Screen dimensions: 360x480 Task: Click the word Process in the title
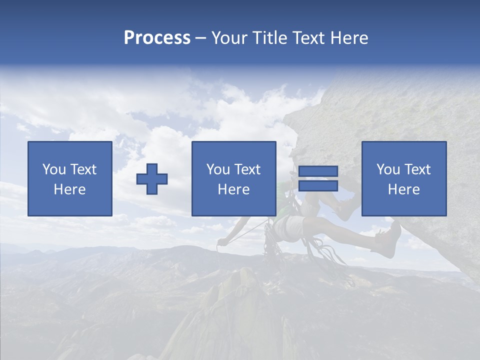tap(157, 38)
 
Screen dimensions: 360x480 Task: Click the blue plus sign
tap(152, 179)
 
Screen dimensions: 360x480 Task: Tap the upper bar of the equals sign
tap(318, 171)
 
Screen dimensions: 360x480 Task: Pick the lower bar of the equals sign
tap(318, 185)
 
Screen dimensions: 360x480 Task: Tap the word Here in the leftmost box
tap(69, 189)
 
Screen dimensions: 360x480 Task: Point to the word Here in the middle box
tap(233, 189)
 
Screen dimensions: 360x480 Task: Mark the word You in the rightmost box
tap(388, 169)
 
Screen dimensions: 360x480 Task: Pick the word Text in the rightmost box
tap(417, 169)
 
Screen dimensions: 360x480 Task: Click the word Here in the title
tap(350, 38)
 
